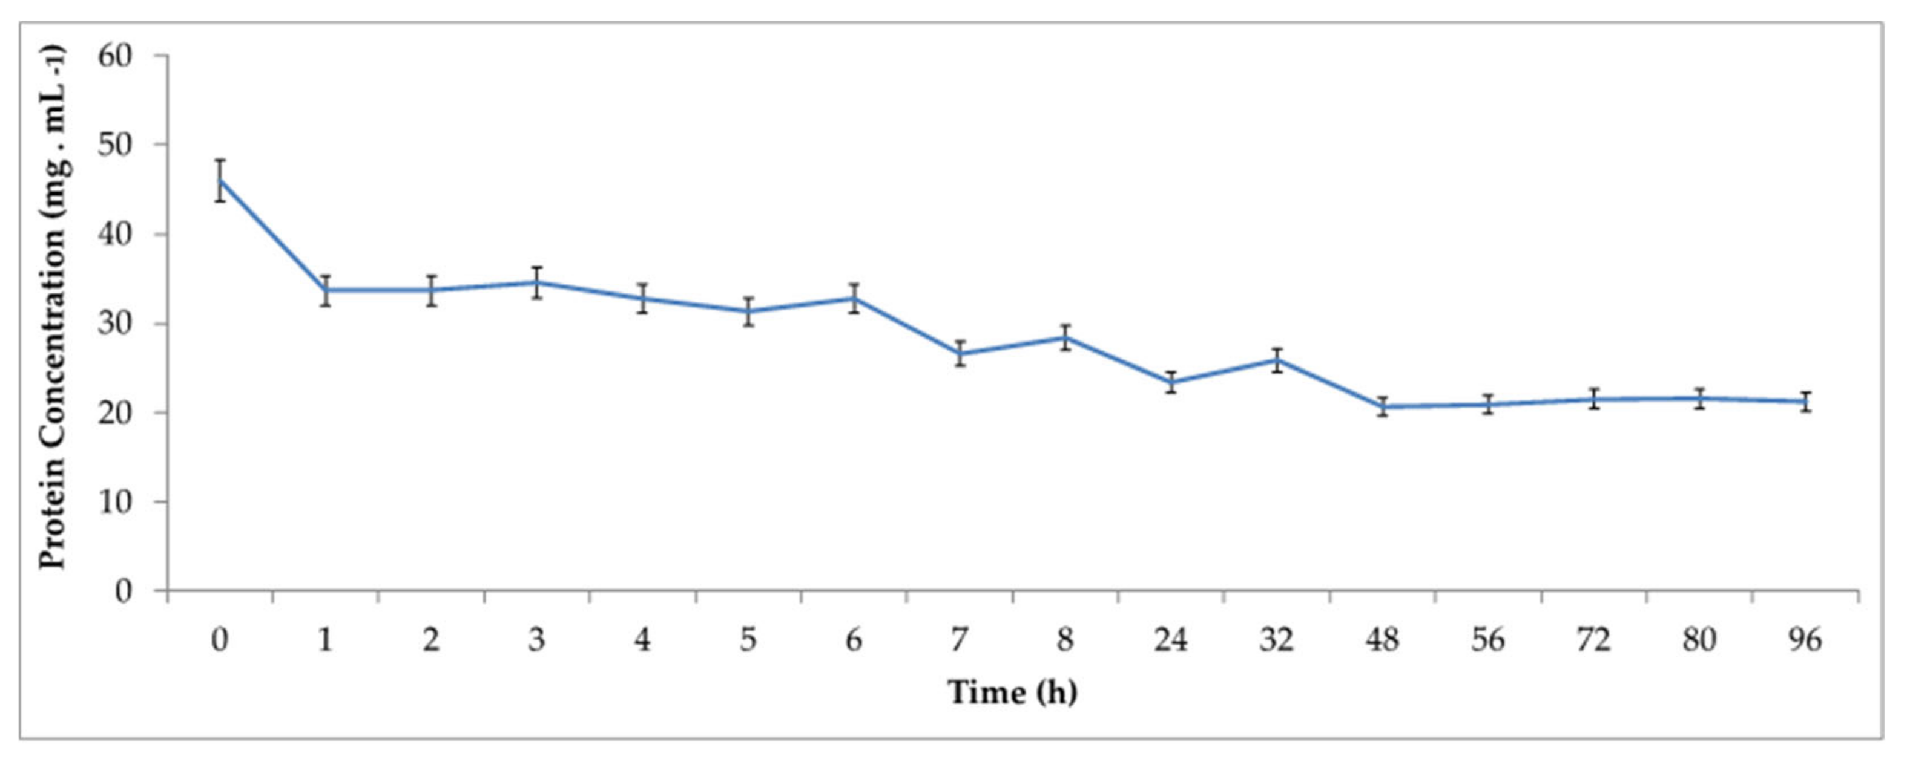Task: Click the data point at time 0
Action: (220, 180)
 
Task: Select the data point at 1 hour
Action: (326, 290)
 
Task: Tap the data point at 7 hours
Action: (960, 353)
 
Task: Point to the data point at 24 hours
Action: (1171, 382)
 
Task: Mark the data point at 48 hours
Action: (1382, 406)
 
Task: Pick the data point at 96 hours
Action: (1805, 402)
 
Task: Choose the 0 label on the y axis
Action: (124, 591)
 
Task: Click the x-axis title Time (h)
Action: (1012, 693)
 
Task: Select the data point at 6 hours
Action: (854, 298)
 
